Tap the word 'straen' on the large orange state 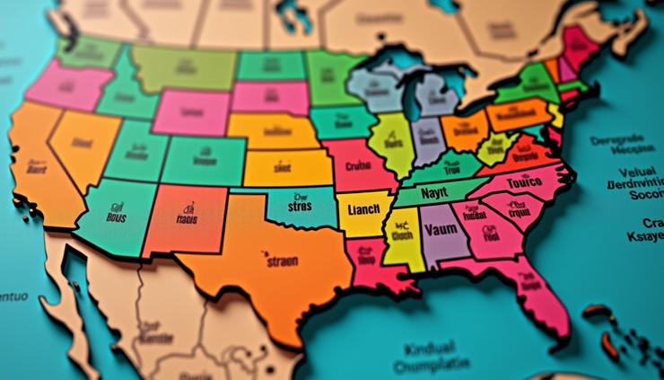click(281, 261)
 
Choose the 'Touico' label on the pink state click(525, 183)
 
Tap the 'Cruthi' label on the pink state click(358, 165)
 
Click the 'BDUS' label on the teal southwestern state click(117, 217)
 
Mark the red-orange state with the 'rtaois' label click(187, 218)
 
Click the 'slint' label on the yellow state click(282, 166)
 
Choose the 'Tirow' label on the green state click(450, 167)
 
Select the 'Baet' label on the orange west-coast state click(37, 168)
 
